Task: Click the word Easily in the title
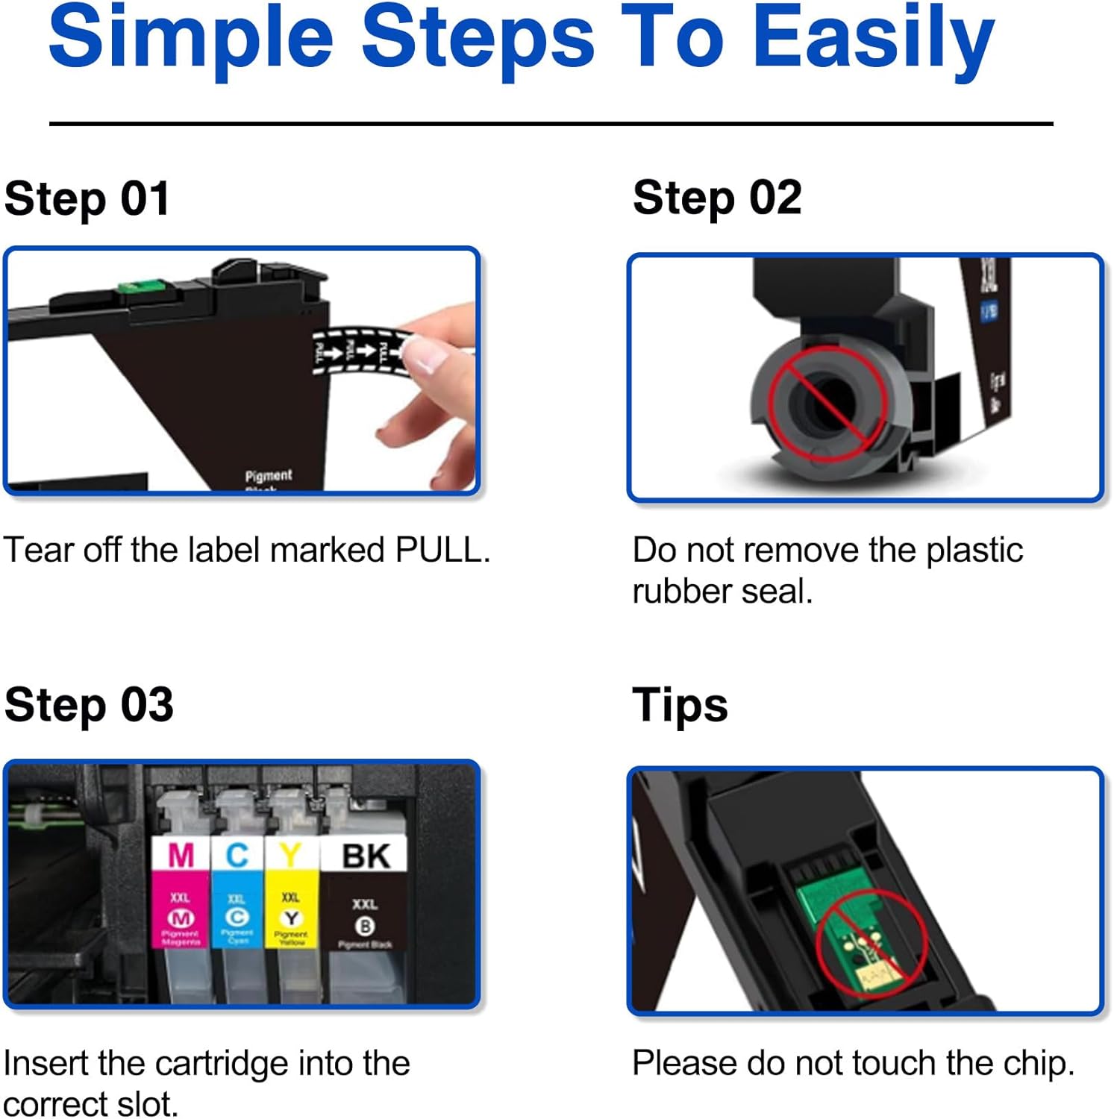coord(873,37)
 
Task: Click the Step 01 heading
coord(87,199)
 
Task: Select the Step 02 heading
coord(717,198)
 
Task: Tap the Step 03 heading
coord(88,705)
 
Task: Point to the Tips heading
coord(680,705)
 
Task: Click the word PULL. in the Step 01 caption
coord(442,551)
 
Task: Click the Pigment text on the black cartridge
coord(269,475)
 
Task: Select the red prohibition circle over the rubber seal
coord(827,404)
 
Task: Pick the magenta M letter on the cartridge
coord(181,855)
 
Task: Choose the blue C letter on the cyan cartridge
coord(237,855)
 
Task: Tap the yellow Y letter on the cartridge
coord(291,855)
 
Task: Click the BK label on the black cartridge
coord(365,856)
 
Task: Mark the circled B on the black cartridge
coord(364,927)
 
